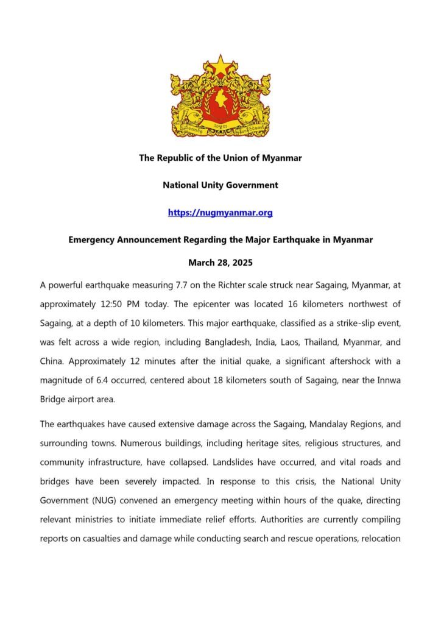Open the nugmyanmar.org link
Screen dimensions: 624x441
tap(220, 213)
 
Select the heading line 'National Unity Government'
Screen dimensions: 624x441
tap(220, 185)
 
